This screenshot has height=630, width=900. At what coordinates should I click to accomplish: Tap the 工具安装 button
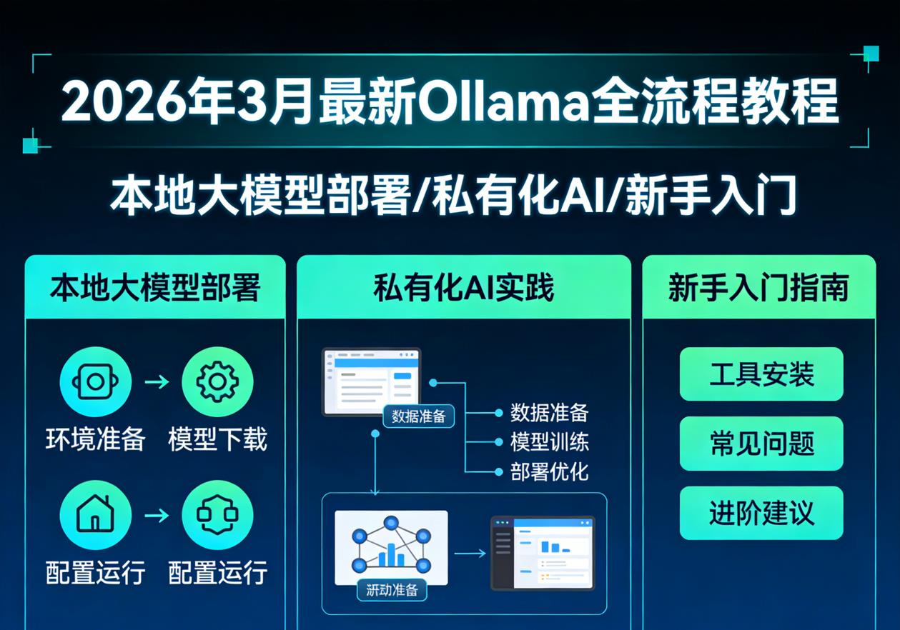761,374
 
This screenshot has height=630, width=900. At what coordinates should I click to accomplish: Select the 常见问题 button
761,444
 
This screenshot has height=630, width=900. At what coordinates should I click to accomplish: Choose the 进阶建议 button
761,513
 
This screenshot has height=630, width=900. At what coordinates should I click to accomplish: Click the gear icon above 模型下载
217,382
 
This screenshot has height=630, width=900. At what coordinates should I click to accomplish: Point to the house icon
95,515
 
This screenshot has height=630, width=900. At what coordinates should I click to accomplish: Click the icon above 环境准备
95,382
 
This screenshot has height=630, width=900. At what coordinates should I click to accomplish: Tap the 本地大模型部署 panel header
155,288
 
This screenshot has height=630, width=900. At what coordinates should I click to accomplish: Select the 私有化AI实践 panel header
463,288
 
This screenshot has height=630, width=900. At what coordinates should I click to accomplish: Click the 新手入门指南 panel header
758,288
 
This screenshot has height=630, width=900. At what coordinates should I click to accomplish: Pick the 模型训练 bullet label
549,442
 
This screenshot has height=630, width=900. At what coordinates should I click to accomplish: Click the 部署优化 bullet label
549,472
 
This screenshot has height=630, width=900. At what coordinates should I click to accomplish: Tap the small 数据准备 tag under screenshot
419,416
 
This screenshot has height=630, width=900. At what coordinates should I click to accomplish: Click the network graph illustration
391,546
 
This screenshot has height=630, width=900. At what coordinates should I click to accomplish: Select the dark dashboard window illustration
543,552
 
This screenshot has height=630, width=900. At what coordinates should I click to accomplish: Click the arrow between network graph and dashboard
470,553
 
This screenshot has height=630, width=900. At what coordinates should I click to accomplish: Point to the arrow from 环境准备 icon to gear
157,382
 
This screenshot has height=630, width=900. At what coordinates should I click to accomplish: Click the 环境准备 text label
95,439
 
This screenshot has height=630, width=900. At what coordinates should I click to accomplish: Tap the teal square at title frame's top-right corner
871,54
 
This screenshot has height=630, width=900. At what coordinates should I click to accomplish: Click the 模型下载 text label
217,439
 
